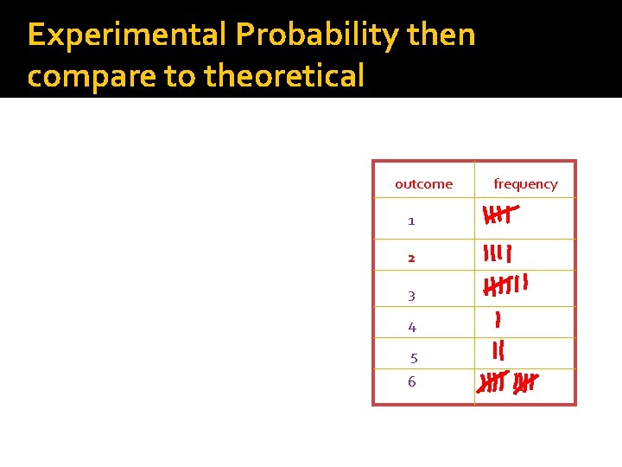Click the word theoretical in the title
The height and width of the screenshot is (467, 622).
point(284,76)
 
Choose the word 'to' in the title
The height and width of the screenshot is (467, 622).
point(180,76)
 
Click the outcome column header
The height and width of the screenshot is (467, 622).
point(423,183)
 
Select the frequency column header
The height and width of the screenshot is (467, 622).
point(525,183)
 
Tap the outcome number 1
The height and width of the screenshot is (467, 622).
point(411,221)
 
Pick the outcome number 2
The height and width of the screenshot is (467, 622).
point(411,258)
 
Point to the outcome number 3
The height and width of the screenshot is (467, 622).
point(411,296)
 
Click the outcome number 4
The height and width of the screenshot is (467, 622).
point(412,327)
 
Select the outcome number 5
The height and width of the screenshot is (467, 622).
point(414,358)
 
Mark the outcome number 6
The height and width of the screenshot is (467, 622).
point(411,381)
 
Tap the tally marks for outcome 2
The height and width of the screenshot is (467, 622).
point(498,253)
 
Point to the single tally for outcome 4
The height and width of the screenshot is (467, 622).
point(498,320)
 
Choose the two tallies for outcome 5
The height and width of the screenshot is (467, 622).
point(498,351)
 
